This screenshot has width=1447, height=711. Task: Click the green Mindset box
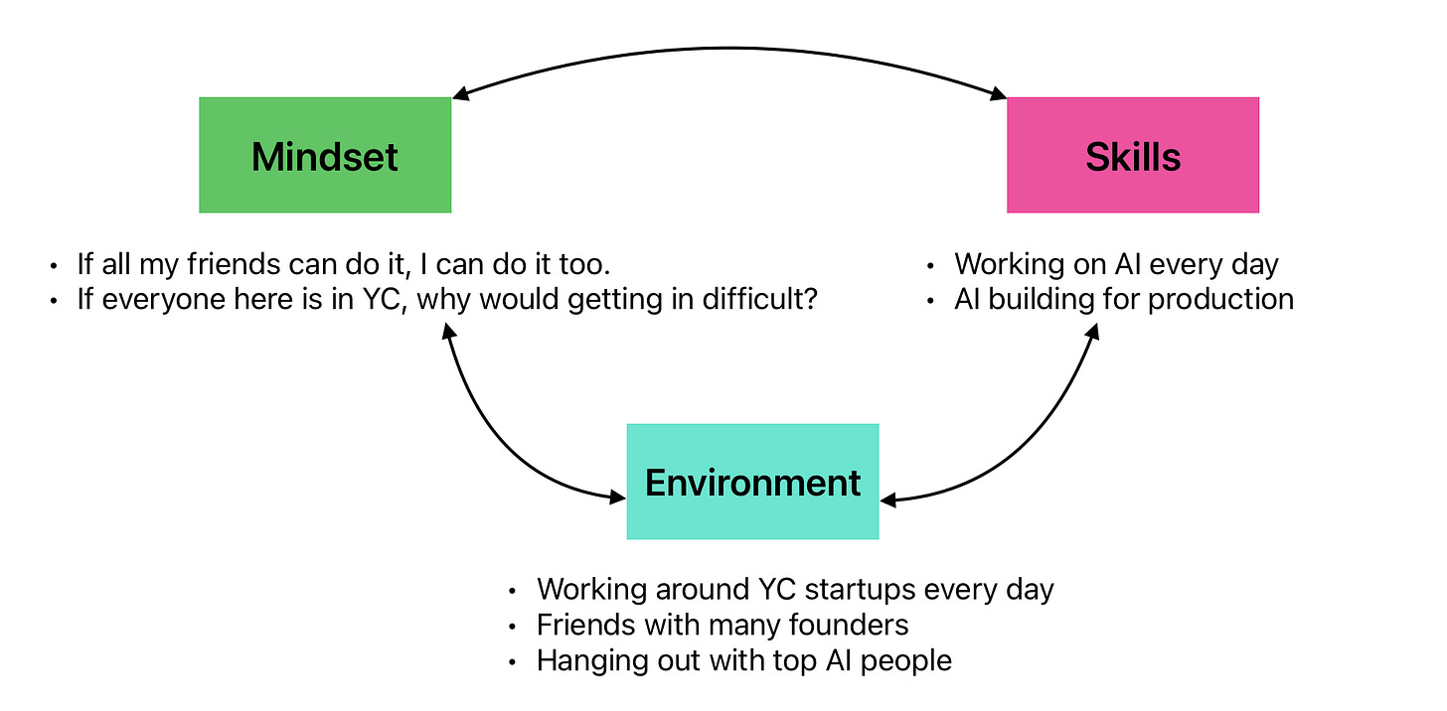pos(325,155)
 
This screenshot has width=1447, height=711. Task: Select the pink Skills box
pos(1133,155)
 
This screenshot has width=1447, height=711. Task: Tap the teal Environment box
pos(752,482)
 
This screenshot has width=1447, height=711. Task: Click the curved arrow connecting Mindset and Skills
pos(730,48)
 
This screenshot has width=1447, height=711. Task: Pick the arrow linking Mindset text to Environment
pos(497,437)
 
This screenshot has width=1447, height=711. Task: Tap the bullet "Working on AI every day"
pos(1116,265)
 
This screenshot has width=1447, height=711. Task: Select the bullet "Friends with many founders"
pos(723,625)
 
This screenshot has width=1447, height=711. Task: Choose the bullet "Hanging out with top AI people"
pos(743,660)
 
